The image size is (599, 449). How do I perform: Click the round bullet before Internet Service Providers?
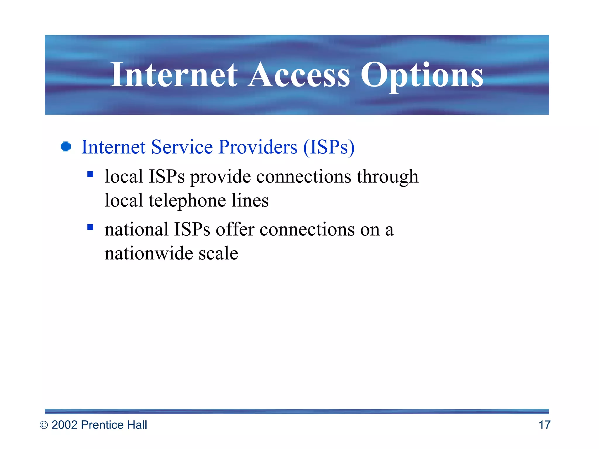pos(66,147)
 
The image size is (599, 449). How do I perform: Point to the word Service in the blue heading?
pos(182,147)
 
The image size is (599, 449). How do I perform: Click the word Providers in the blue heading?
pos(258,147)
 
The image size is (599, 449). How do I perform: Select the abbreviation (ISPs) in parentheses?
pos(329,147)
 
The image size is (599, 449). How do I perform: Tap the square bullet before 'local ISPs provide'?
pos(90,175)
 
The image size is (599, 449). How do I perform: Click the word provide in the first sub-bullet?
pos(221,177)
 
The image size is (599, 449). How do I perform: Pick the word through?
pos(388,177)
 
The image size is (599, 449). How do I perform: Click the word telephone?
pos(187,201)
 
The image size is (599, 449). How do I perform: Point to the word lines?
pos(250,201)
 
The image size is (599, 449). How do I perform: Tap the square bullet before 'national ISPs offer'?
pos(90,227)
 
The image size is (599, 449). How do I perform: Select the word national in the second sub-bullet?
pos(136,229)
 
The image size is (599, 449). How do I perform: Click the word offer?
pos(235,229)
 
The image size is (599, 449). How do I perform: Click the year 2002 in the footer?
pos(65,425)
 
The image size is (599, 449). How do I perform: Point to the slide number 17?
pos(544,425)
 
